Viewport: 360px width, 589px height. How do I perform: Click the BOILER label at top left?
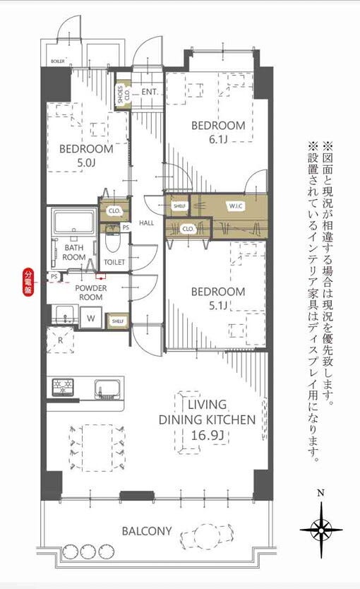[x=58, y=61]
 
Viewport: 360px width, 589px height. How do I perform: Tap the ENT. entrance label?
[x=149, y=92]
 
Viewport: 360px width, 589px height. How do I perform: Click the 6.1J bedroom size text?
[x=219, y=139]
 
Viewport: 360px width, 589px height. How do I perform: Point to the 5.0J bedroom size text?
[x=85, y=163]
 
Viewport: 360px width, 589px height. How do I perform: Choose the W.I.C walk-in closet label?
[x=236, y=206]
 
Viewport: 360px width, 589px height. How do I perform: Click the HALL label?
[x=147, y=223]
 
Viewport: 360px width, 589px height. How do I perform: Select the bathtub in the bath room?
[x=75, y=223]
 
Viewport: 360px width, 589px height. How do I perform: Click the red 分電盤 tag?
[x=29, y=281]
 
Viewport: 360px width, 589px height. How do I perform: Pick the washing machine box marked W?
[x=91, y=319]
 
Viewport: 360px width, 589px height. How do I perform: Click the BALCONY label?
[x=146, y=530]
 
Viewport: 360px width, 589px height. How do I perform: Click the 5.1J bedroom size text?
[x=219, y=305]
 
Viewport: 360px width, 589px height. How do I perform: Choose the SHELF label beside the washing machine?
[x=116, y=321]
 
